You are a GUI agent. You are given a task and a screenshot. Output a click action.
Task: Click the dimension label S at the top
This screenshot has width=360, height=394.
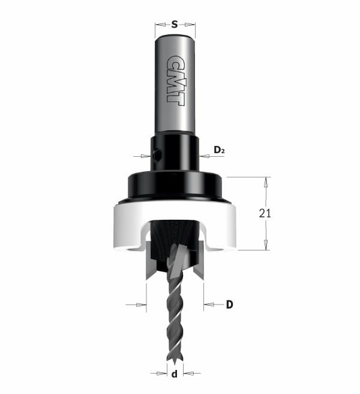pyautogui.click(x=175, y=25)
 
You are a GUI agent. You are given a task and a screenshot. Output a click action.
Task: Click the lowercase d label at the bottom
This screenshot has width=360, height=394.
pyautogui.click(x=175, y=375)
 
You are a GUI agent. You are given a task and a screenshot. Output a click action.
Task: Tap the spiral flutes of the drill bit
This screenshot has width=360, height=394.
pyautogui.click(x=175, y=318)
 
